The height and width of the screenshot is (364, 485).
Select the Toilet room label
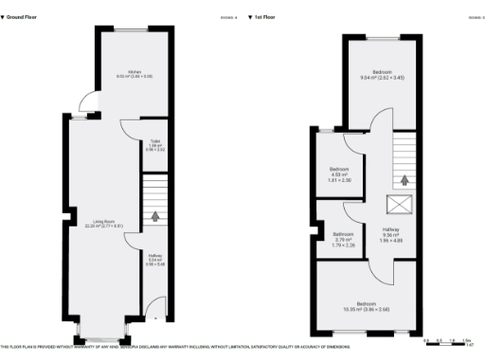[154, 145]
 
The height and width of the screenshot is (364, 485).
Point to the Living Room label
[104, 224]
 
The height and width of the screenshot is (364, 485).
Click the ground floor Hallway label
[155, 258]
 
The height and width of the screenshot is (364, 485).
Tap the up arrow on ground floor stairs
[154, 215]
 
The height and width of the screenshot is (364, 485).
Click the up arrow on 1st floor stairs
[405, 179]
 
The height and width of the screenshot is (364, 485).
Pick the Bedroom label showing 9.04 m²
[383, 76]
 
